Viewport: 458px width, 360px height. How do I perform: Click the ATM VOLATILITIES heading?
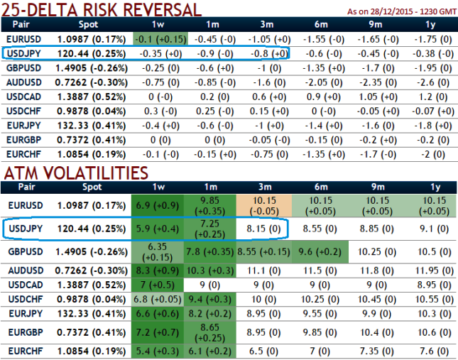pos(77,173)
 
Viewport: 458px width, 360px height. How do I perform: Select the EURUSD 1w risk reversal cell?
pos(159,40)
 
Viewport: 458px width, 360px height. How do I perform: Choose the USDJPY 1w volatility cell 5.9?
pos(159,229)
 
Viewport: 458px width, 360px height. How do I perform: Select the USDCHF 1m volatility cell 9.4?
pos(212,298)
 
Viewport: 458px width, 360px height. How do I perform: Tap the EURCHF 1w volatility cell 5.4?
pos(159,351)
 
